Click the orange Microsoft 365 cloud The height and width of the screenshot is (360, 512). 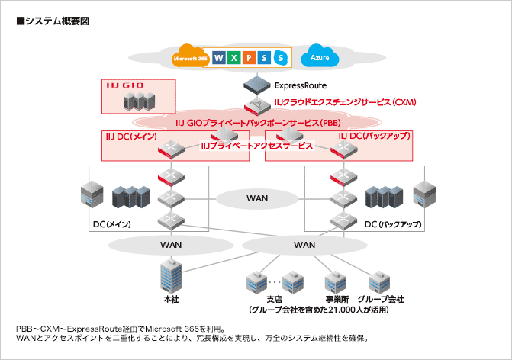click(x=191, y=58)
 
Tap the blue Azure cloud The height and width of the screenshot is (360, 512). click(x=318, y=58)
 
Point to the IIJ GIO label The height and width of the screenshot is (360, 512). click(x=124, y=85)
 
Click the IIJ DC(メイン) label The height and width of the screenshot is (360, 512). click(x=130, y=136)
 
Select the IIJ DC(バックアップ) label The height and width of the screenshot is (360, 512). click(x=375, y=136)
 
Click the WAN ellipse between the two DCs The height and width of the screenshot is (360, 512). click(x=257, y=198)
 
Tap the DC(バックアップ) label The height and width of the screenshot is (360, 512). click(x=392, y=225)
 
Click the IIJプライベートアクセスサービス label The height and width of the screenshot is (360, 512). click(x=256, y=145)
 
